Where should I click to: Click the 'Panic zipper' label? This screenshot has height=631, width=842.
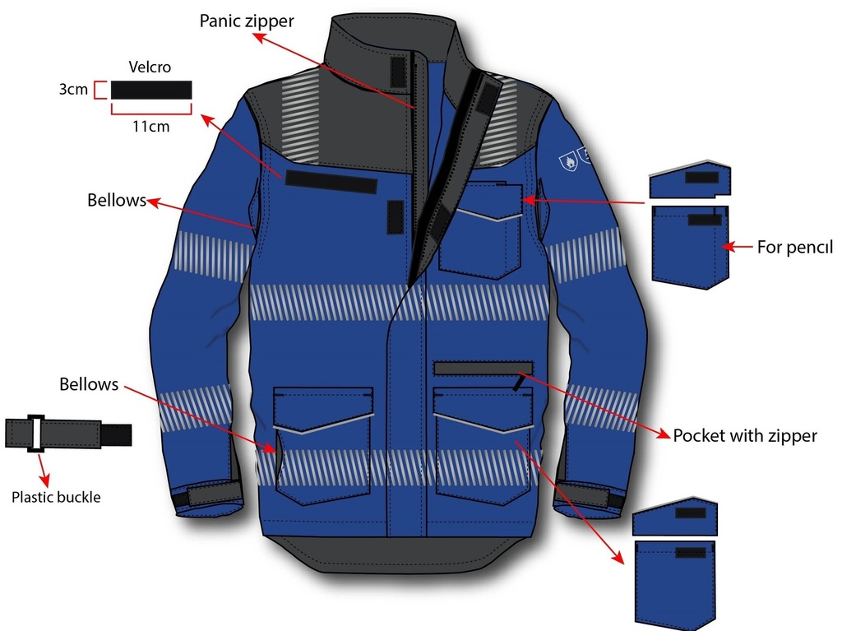coord(247,21)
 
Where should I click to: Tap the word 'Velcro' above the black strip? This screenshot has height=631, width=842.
coord(150,67)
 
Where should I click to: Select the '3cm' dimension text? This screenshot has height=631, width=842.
coord(73,89)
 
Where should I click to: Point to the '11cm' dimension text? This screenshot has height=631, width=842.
coord(151,127)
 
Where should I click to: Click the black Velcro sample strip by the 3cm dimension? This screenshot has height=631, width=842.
coord(151,90)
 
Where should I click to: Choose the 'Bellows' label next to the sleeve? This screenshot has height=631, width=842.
coord(117,200)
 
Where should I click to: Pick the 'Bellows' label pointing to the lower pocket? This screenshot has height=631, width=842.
coord(89,384)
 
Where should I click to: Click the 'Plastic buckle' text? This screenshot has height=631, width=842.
coord(56,497)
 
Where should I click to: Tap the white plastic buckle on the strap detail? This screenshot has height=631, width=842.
coord(35,434)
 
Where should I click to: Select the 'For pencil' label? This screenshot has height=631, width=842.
coord(795,248)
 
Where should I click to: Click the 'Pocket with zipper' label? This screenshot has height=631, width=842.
coord(745,435)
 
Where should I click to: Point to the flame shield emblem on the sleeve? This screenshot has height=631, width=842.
coord(568,160)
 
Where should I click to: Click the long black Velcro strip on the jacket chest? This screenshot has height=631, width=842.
coord(331,182)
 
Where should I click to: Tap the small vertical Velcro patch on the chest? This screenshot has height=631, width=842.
coord(396,217)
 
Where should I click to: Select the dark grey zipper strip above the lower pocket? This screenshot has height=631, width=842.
coord(483,369)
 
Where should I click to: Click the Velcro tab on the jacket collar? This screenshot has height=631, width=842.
coord(398,72)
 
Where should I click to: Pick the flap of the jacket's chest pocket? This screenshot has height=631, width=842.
coord(488,201)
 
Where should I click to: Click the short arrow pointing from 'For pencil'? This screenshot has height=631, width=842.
coord(737,247)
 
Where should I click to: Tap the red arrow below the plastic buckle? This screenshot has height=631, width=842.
coord(43,471)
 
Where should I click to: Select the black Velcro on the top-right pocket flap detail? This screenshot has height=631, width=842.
coord(702,178)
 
